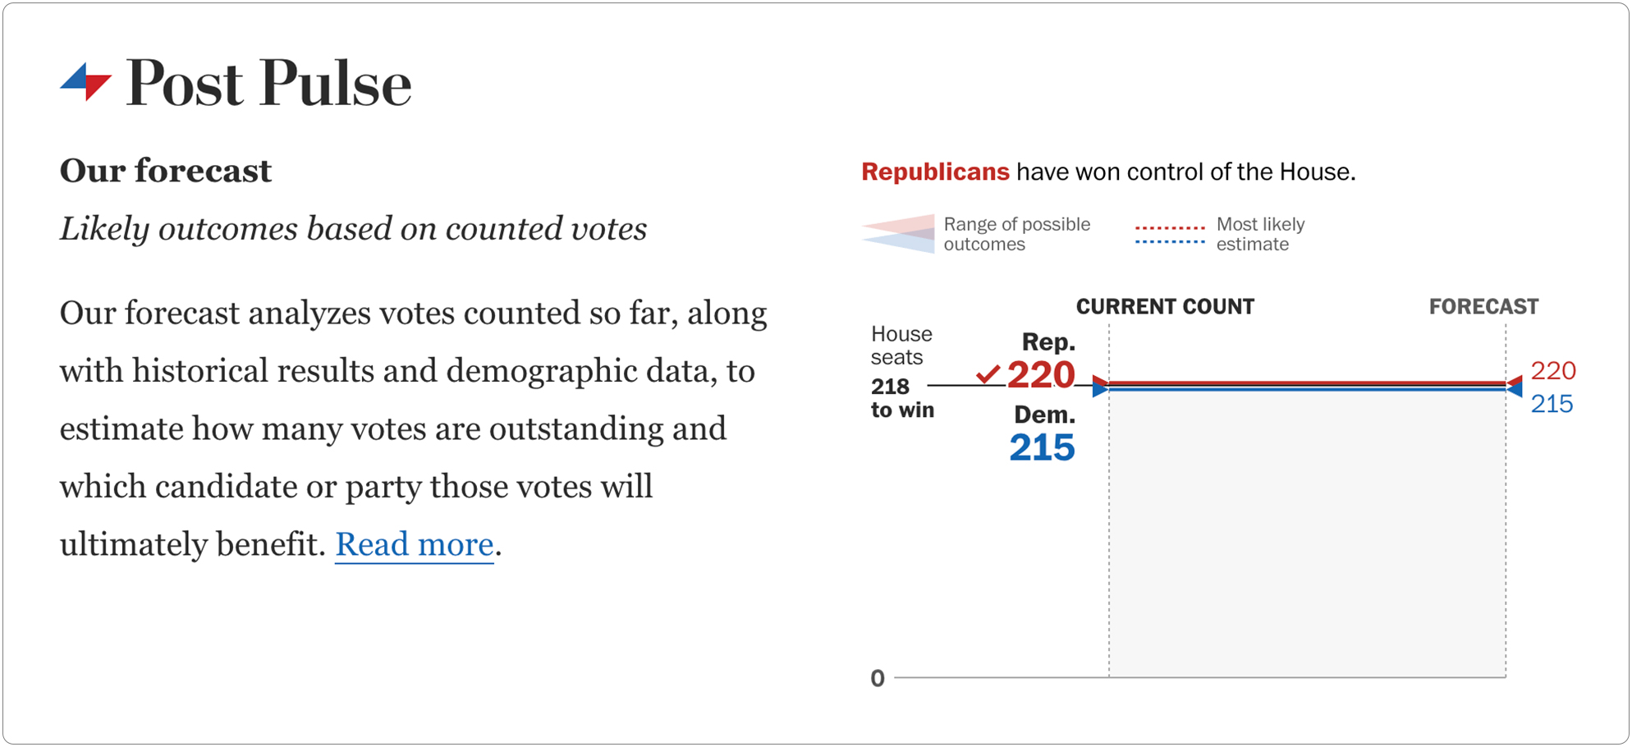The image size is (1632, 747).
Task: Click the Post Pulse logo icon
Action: [x=86, y=82]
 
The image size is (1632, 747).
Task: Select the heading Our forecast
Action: [x=165, y=171]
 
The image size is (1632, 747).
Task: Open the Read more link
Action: [x=414, y=544]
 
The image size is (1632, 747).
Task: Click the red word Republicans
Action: [x=935, y=172]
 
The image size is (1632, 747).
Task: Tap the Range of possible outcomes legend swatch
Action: [x=898, y=234]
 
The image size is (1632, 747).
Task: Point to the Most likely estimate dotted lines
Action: [x=1170, y=234]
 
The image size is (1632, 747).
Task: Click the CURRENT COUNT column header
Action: [x=1165, y=307]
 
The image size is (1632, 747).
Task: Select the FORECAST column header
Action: [x=1483, y=307]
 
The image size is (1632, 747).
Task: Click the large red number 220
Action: [x=1041, y=375]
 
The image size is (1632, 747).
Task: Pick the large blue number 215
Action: [x=1042, y=448]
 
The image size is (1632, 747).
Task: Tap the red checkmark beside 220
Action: [x=988, y=374]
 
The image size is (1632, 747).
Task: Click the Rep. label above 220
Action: [x=1048, y=341]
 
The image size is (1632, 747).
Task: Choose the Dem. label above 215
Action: [x=1044, y=415]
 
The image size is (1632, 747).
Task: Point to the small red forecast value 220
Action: [x=1553, y=371]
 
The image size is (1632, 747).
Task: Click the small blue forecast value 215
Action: [x=1552, y=404]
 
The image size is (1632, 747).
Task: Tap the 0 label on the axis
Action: [x=878, y=678]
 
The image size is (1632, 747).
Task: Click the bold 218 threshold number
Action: [x=890, y=386]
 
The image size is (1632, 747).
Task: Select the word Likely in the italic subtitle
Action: [x=104, y=229]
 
